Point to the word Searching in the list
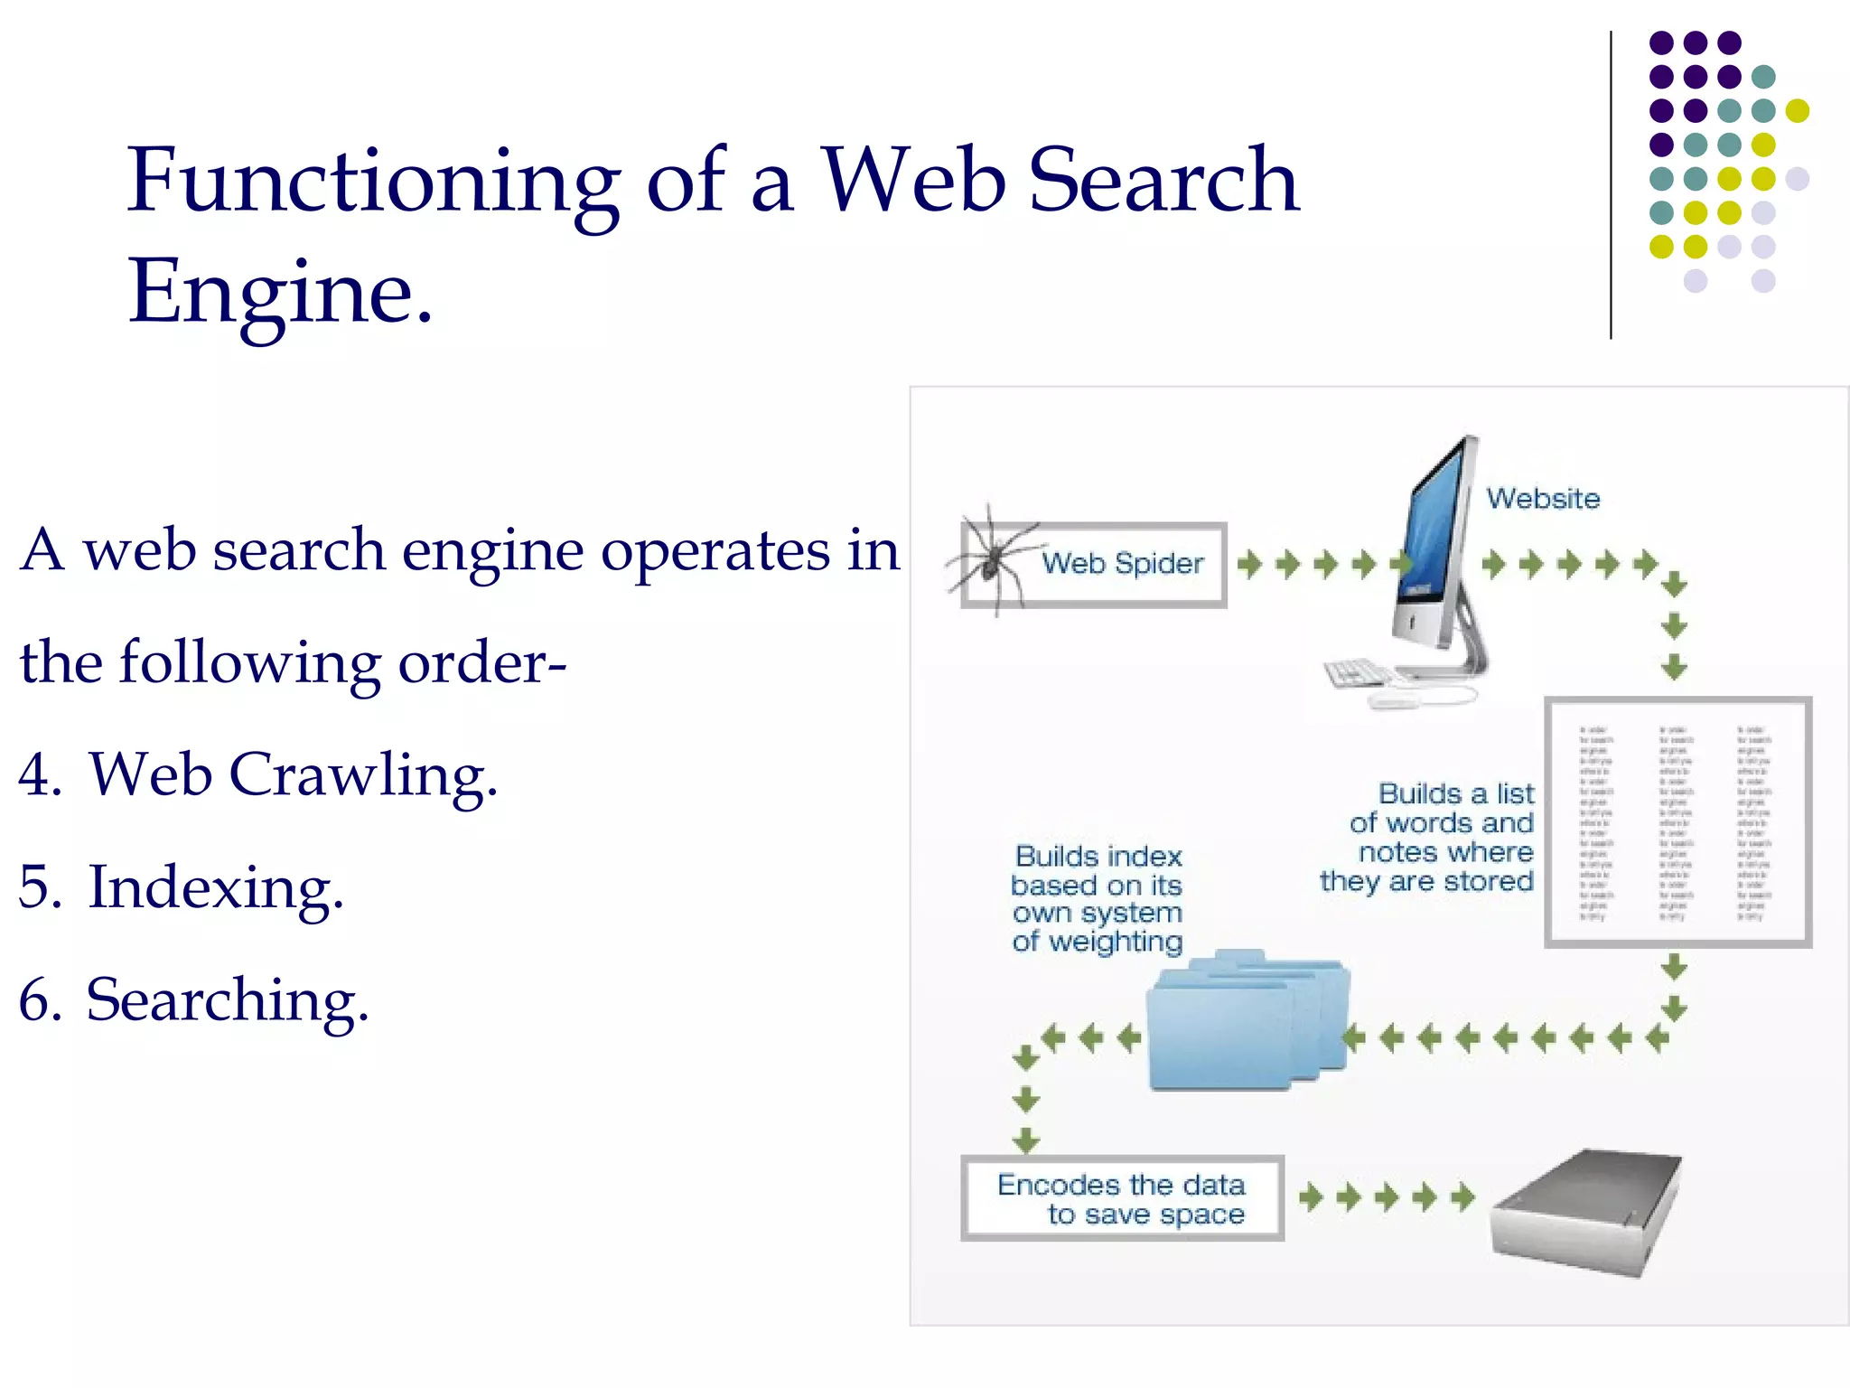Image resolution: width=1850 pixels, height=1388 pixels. click(227, 1000)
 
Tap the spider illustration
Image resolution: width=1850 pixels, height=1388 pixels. click(991, 558)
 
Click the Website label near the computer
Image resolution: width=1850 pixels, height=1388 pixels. click(1543, 499)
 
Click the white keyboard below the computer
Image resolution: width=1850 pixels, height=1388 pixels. click(1358, 673)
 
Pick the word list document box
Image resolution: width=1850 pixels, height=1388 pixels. click(1677, 822)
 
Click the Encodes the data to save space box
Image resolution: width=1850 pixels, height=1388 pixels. click(1122, 1198)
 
